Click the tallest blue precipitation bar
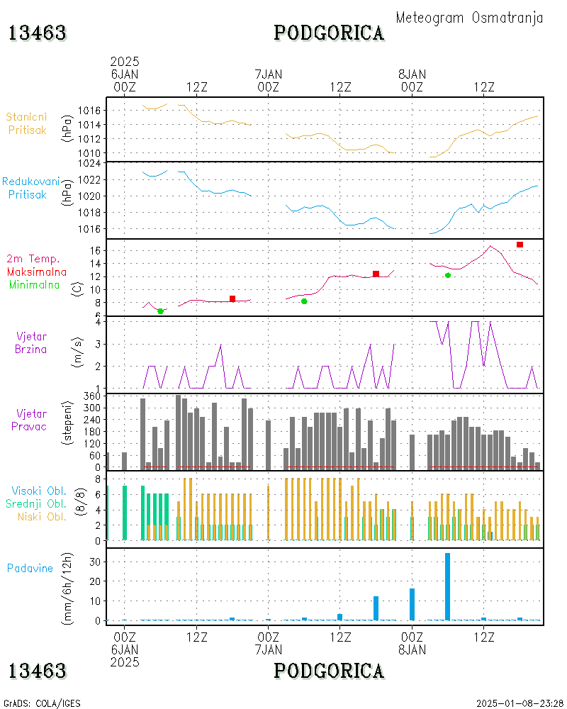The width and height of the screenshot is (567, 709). point(447,586)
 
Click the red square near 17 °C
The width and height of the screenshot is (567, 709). point(520,245)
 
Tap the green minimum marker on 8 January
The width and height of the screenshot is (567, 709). point(448,275)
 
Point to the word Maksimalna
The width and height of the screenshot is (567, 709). point(37,272)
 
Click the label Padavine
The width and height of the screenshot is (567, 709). point(30,568)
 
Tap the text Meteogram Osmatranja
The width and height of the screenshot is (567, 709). point(469,18)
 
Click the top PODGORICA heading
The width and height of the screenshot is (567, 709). point(329,33)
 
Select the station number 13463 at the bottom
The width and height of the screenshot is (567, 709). point(37,670)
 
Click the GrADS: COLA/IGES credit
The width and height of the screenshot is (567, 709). point(42,703)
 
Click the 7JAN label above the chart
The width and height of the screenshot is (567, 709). point(268,74)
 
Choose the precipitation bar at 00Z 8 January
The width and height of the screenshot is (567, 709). point(412,604)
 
